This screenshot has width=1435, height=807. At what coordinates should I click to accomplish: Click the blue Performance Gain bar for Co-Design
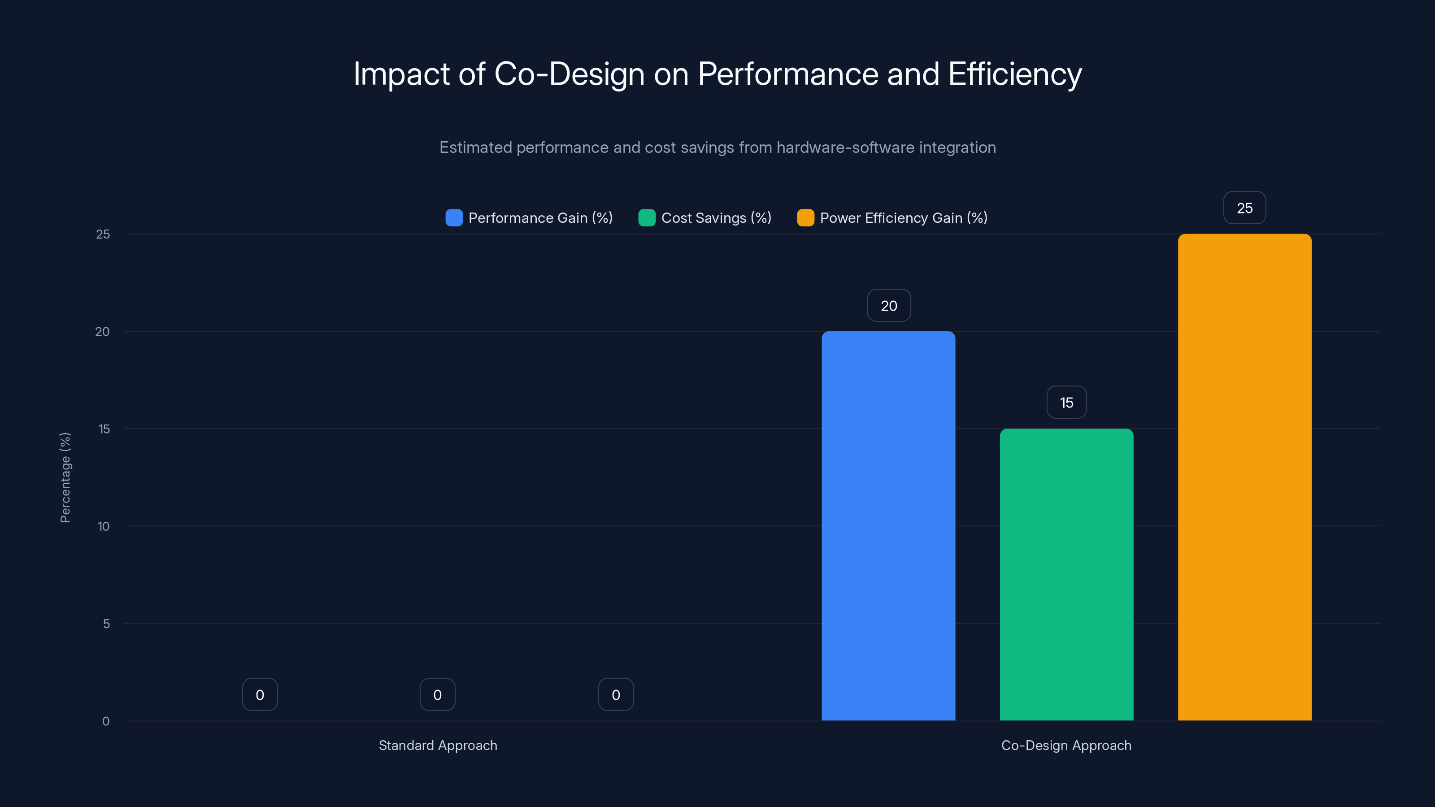point(888,526)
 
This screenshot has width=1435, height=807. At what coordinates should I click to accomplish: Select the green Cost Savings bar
point(1066,574)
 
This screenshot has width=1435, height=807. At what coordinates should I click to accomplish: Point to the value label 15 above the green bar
point(1066,402)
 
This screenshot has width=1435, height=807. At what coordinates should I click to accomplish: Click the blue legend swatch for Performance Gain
point(454,218)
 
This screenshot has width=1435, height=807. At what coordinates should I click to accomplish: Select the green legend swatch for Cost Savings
point(647,218)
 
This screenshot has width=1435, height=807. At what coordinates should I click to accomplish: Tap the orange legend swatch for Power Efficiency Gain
point(805,218)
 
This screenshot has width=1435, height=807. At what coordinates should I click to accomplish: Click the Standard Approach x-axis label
point(438,745)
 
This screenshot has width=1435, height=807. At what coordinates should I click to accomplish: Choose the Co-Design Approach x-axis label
point(1066,745)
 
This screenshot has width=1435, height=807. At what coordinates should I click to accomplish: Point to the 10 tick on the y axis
point(104,526)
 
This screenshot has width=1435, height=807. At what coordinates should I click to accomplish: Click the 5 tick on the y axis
point(106,624)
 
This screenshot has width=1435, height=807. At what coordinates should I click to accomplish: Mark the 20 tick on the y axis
point(103,331)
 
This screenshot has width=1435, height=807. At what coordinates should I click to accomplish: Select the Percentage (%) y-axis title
point(65,477)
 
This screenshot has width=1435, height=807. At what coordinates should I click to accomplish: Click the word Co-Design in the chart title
point(569,74)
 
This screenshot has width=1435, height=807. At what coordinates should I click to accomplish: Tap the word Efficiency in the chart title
point(1015,74)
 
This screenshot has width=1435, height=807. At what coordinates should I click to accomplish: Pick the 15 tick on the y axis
point(104,429)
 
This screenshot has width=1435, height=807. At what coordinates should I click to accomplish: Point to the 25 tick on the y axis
point(103,234)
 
